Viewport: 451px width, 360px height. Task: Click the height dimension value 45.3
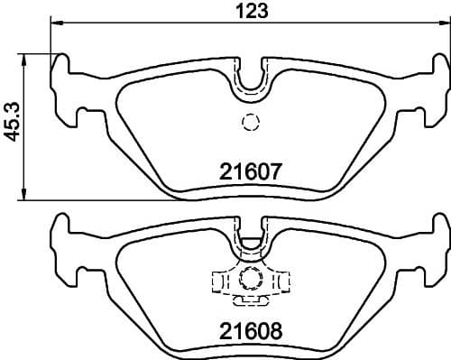12,123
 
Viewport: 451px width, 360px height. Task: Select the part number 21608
253,330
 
